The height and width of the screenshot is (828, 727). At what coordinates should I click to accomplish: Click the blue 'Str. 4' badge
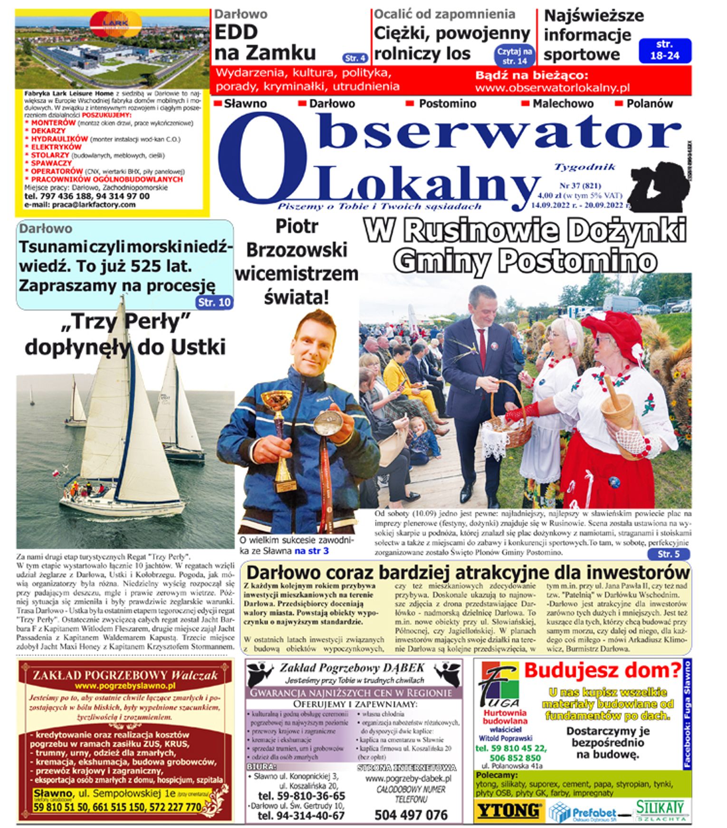pos(355,58)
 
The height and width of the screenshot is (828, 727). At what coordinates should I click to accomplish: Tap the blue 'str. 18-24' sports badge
pos(665,50)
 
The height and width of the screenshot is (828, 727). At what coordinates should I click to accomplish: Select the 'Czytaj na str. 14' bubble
pos(515,56)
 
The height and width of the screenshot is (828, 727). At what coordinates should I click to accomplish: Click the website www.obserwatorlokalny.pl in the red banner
pos(552,88)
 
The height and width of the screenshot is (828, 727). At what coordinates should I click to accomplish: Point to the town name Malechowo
pos(563,103)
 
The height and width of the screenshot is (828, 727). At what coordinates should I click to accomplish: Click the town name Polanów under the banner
pos(649,103)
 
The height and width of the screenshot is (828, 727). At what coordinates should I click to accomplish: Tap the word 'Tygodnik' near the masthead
pos(584,167)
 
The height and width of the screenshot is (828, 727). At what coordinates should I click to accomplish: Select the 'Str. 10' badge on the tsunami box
pos(214,302)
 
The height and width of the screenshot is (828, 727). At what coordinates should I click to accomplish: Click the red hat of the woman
pos(613,333)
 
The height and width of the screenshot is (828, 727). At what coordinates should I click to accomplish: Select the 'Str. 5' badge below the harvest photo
pos(668,554)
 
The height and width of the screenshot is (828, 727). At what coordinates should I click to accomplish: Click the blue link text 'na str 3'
pos(311,551)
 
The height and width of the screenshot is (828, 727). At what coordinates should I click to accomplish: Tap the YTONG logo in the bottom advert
pos(509,810)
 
